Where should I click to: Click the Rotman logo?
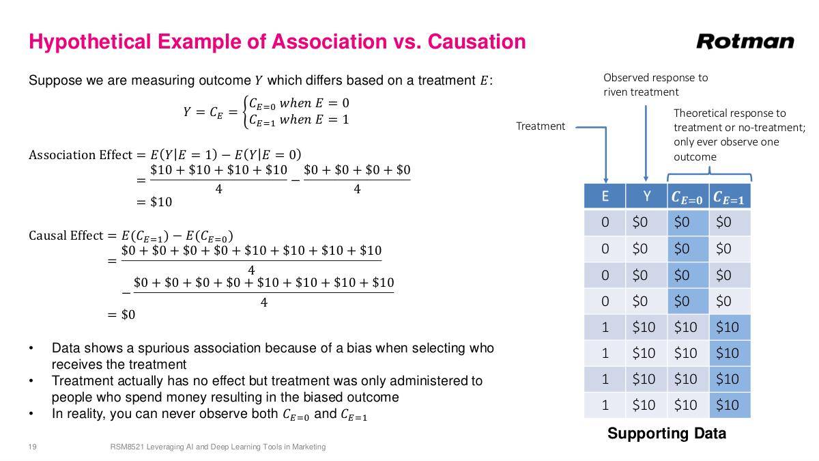click(745, 42)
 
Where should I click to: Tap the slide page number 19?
click(32, 447)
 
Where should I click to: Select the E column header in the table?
click(605, 196)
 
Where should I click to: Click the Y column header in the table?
click(646, 196)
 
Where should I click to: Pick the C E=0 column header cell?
click(687, 197)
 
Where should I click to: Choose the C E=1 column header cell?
click(729, 197)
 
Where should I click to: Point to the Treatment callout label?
click(541, 126)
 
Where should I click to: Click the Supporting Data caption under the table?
click(666, 433)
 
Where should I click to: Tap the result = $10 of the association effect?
click(154, 202)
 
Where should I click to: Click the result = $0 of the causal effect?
click(121, 315)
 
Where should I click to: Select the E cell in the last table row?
click(605, 405)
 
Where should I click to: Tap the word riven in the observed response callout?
click(616, 92)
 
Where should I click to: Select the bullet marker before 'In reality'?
click(31, 414)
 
